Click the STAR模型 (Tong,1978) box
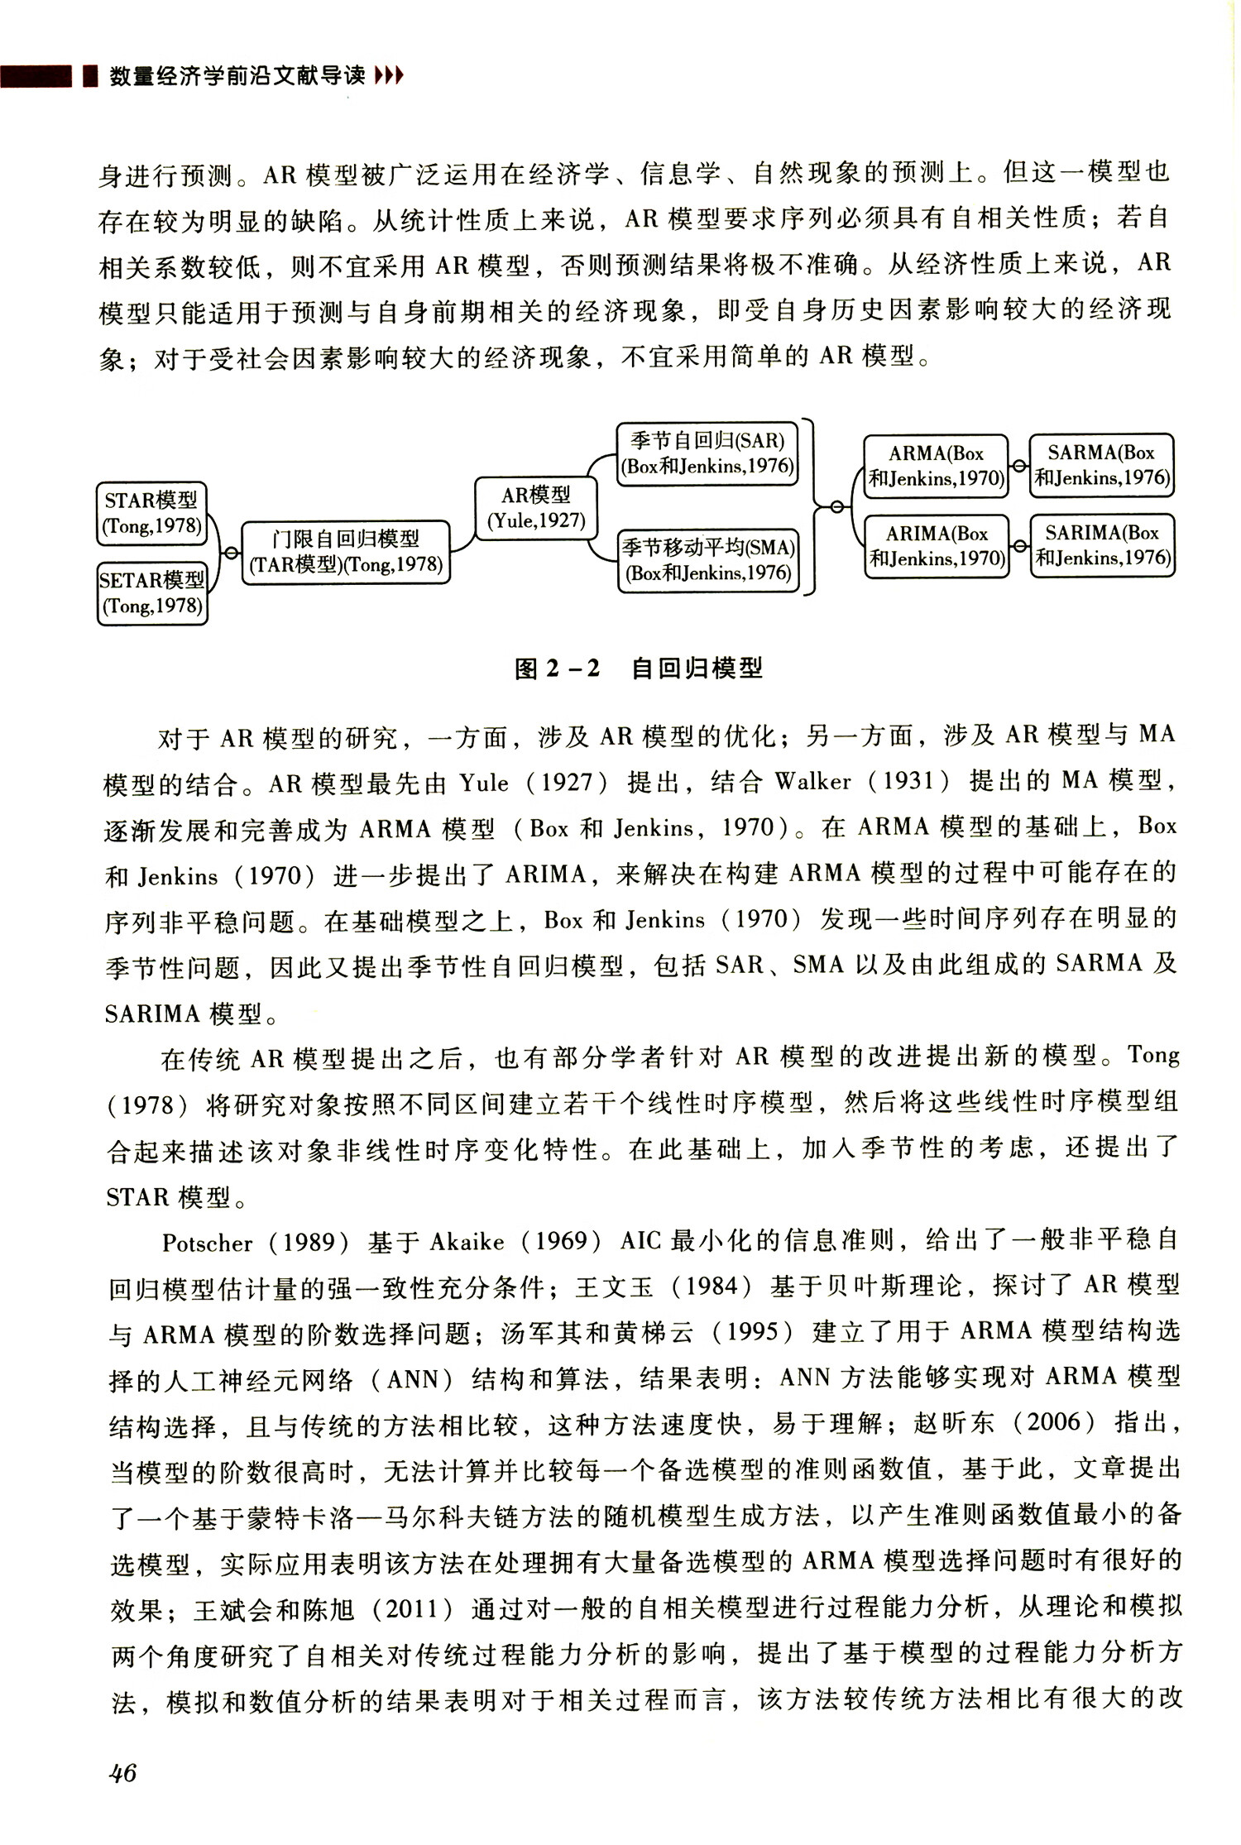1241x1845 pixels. (x=152, y=513)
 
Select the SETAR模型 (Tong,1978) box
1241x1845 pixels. (x=152, y=593)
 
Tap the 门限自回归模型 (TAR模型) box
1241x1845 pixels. (x=346, y=552)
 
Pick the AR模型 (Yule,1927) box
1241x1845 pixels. (x=536, y=508)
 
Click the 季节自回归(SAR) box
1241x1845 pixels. (x=707, y=453)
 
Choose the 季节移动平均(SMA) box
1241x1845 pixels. (x=708, y=560)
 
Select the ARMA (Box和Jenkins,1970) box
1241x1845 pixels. (x=936, y=466)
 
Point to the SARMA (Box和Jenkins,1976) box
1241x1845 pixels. (x=1101, y=465)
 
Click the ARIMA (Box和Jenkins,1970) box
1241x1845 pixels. (x=937, y=546)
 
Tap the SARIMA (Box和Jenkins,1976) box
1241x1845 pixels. (x=1103, y=545)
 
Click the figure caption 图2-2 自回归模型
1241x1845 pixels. (x=638, y=668)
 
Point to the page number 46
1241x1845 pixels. (x=122, y=1772)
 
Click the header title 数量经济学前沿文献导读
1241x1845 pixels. (x=237, y=77)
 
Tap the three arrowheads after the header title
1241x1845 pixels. (x=389, y=77)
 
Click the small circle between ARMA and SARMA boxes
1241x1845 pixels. (x=1019, y=466)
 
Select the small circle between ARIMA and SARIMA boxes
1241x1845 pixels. (x=1020, y=546)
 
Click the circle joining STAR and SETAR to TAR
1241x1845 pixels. (x=231, y=553)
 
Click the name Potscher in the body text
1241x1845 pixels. (x=208, y=1243)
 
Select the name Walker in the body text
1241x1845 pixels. (x=813, y=781)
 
